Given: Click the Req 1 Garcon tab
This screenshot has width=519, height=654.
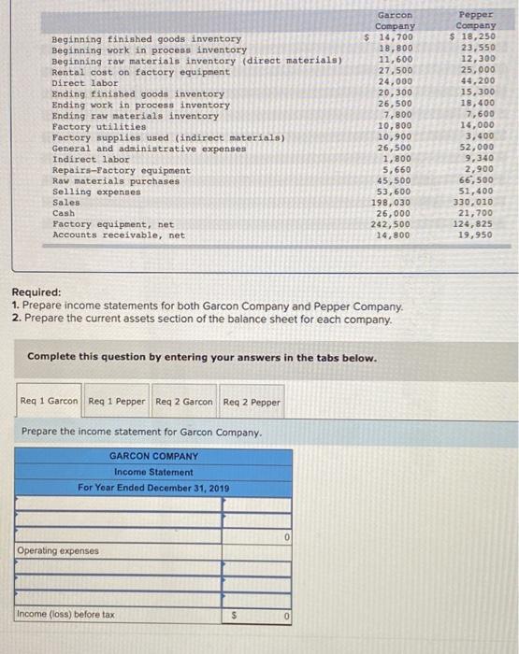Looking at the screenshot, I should pos(50,402).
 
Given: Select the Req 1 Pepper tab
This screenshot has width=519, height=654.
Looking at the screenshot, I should pos(117,402).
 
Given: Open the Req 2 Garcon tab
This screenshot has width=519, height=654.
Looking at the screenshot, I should pos(184,402).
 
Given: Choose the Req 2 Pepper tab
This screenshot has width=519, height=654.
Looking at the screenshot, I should pos(252,402).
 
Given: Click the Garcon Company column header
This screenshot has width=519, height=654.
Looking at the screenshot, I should pos(394,21).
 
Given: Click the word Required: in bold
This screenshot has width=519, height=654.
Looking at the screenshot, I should pos(36,291).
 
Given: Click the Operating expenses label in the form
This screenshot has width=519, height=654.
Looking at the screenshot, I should pos(57,551).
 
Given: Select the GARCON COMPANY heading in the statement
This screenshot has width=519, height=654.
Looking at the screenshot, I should pos(153,456).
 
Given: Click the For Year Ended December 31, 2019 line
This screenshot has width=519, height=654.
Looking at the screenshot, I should pos(153,488).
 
